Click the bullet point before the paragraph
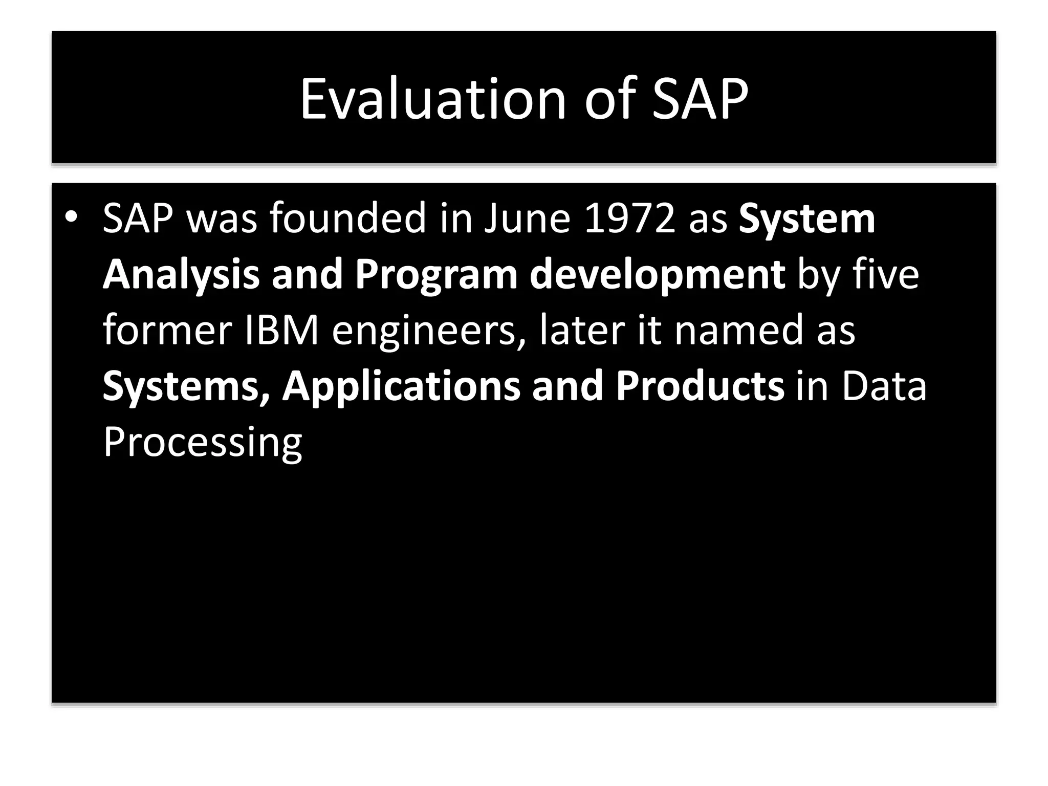pos(71,217)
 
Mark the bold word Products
pos(700,386)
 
